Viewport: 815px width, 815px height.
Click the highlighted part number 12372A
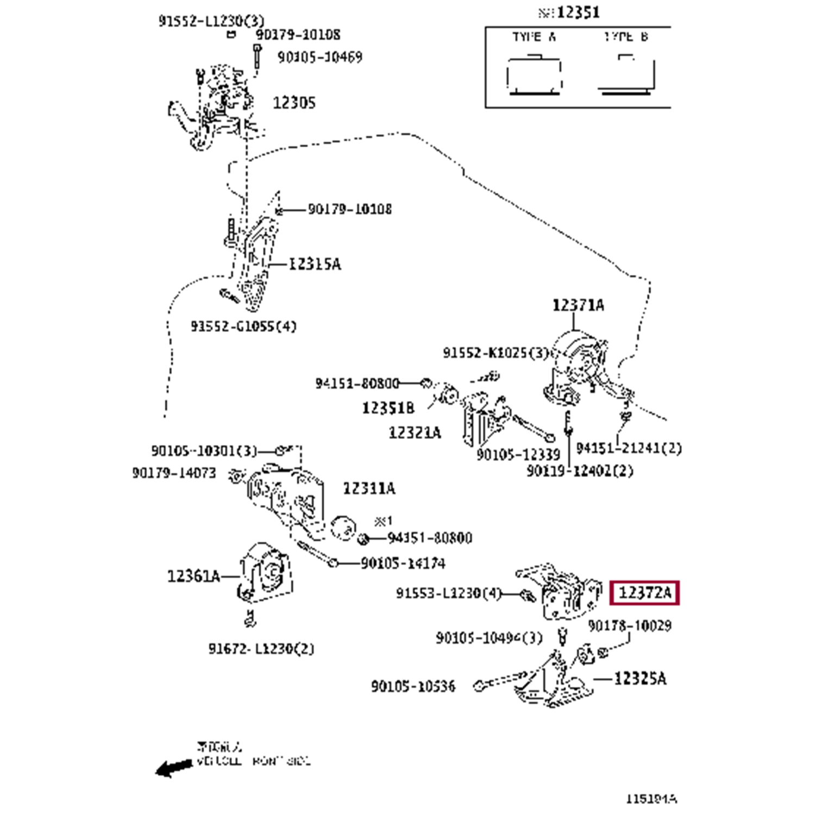[644, 593]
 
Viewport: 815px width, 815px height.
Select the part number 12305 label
[294, 103]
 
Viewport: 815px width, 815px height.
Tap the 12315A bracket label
[314, 264]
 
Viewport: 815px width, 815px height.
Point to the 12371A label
[578, 305]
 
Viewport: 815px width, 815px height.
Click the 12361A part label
[193, 576]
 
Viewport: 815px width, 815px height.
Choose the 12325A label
[640, 679]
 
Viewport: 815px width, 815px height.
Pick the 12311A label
[369, 488]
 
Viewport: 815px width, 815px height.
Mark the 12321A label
[415, 432]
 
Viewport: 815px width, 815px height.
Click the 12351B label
[388, 407]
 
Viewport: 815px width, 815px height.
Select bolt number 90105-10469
[319, 57]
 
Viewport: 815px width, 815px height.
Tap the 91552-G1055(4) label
[243, 327]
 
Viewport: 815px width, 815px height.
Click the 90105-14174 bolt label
[403, 563]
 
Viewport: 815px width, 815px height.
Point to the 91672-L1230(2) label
[261, 649]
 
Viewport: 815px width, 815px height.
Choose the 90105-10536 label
[413, 686]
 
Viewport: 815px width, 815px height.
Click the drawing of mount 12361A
[265, 573]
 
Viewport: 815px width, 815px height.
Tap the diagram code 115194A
[651, 799]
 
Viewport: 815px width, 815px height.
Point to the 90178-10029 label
[629, 626]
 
